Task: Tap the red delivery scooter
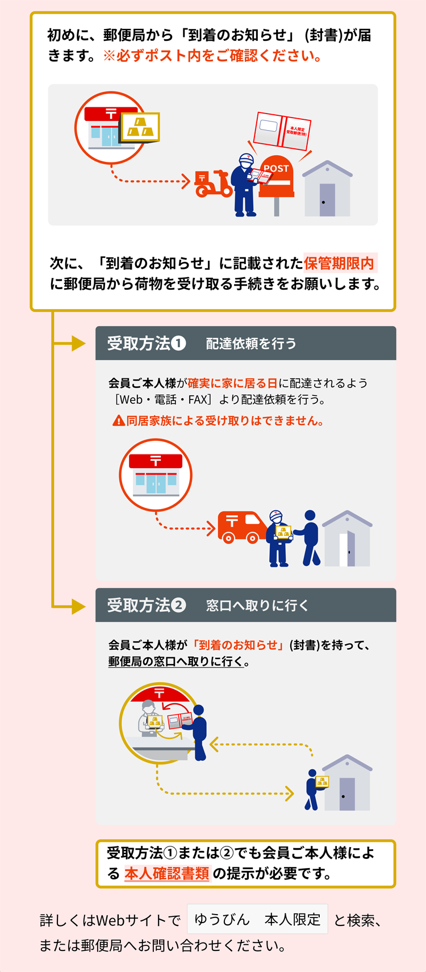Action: tap(212, 184)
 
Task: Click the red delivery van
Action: tap(242, 527)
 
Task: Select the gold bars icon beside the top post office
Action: tap(140, 127)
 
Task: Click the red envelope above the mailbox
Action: tap(282, 131)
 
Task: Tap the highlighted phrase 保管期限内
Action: tap(339, 263)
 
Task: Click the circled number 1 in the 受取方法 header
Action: tap(178, 343)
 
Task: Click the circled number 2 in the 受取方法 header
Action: tap(178, 605)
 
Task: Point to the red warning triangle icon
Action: tap(119, 420)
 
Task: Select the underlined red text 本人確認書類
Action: tap(167, 874)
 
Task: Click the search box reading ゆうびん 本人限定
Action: tap(257, 919)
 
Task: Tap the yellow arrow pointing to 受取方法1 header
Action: tap(69, 343)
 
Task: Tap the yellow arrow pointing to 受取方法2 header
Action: tap(69, 606)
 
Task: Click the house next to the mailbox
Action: tap(328, 189)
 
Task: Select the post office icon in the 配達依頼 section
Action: tap(156, 475)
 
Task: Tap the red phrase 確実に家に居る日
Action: tap(232, 383)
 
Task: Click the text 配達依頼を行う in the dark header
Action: tap(251, 344)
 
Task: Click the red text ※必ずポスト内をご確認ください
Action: tap(212, 56)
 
